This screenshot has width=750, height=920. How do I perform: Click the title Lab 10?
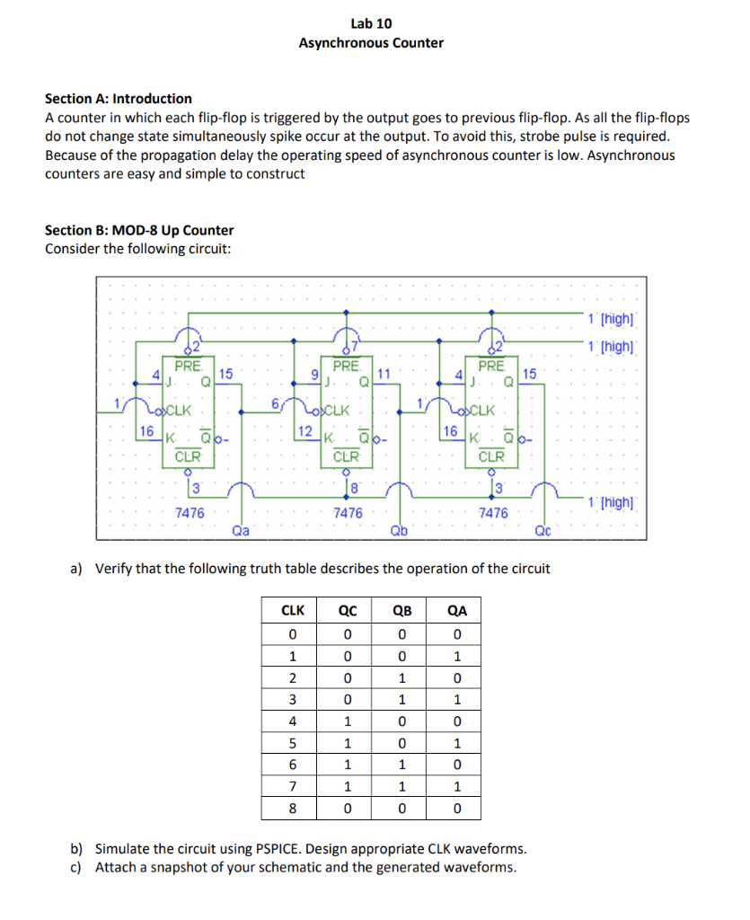click(x=371, y=23)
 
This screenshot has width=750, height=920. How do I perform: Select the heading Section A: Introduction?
click(x=119, y=99)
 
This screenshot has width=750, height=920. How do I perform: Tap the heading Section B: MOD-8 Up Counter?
click(x=139, y=230)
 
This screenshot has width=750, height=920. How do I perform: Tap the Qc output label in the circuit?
click(x=543, y=530)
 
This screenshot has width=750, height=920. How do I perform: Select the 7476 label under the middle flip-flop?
click(x=348, y=513)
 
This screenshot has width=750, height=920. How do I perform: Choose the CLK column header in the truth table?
click(x=293, y=611)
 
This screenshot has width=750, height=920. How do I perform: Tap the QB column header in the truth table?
click(x=402, y=611)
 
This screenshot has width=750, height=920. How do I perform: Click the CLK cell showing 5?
click(x=293, y=743)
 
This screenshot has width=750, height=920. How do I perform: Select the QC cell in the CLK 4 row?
click(x=348, y=721)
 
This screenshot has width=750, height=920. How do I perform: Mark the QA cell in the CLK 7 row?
click(x=457, y=787)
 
